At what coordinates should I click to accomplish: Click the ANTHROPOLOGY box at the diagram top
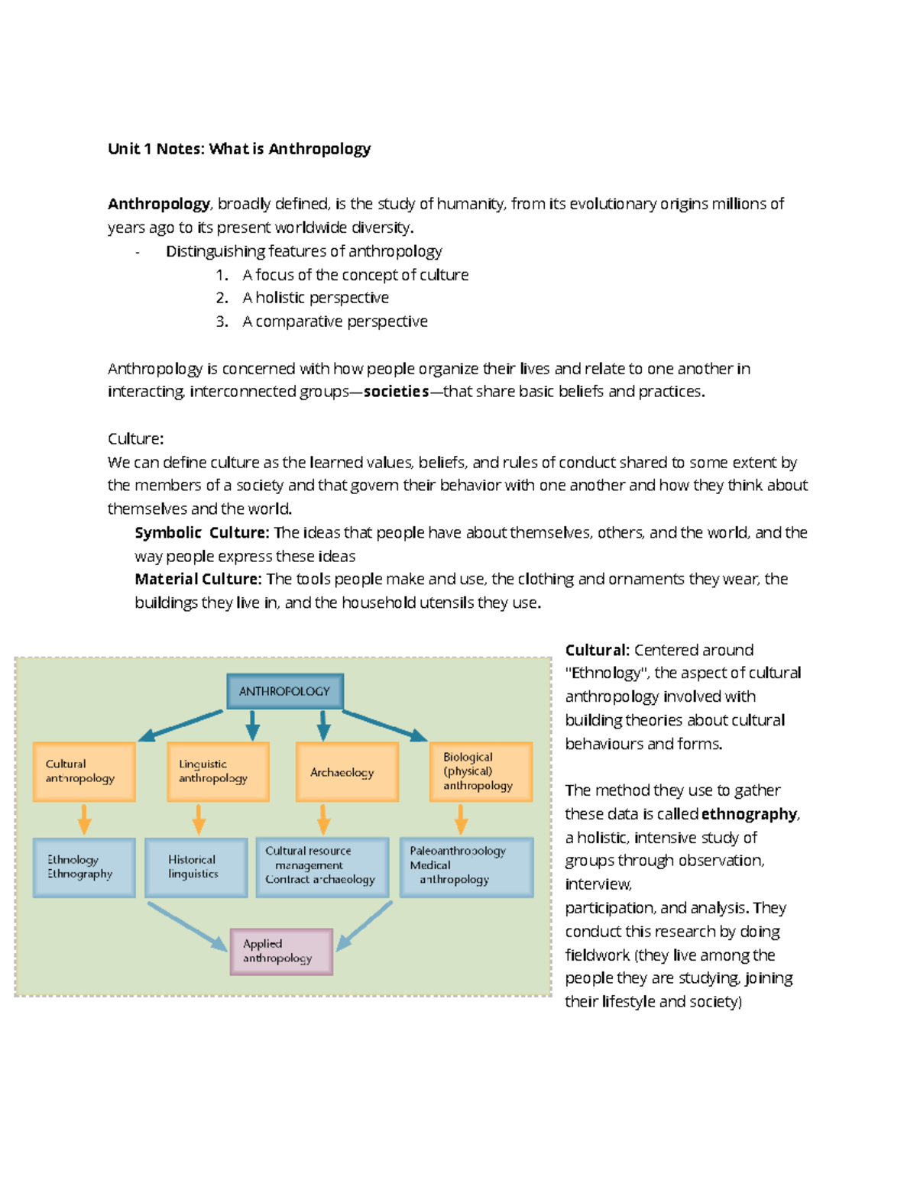pyautogui.click(x=284, y=691)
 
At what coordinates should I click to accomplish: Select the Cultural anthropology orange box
pyautogui.click(x=84, y=771)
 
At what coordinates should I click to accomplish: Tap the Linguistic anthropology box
pyautogui.click(x=218, y=771)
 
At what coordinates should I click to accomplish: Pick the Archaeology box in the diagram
pyautogui.click(x=347, y=772)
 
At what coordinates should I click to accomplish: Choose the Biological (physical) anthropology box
pyautogui.click(x=481, y=771)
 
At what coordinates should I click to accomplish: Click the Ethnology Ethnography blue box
pyautogui.click(x=84, y=868)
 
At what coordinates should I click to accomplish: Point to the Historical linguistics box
pyautogui.click(x=196, y=868)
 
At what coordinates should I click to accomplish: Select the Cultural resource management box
pyautogui.click(x=322, y=866)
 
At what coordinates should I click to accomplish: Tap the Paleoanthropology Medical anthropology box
pyautogui.click(x=466, y=866)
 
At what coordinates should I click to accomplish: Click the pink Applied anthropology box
pyautogui.click(x=281, y=952)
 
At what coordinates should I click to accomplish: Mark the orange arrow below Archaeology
pyautogui.click(x=323, y=819)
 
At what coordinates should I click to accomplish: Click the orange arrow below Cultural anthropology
pyautogui.click(x=84, y=819)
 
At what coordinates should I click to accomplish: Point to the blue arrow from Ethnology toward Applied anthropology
pyautogui.click(x=187, y=926)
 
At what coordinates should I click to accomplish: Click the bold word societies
pyautogui.click(x=396, y=392)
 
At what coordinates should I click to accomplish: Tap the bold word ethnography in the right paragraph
pyautogui.click(x=749, y=814)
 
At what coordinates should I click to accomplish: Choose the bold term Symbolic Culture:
pyautogui.click(x=202, y=532)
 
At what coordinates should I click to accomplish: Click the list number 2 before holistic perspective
pyautogui.click(x=222, y=298)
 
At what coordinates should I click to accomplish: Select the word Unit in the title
pyautogui.click(x=123, y=149)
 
